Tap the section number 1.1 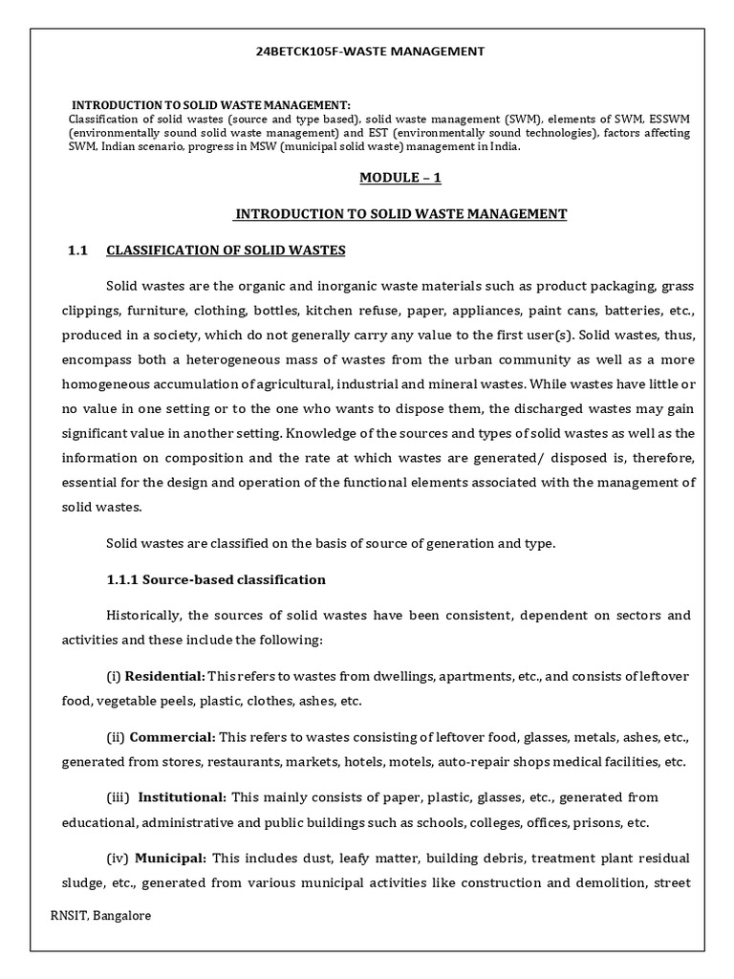pos(77,250)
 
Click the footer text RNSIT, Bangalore pos(100,916)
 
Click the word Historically pos(145,615)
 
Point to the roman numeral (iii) pos(118,797)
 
